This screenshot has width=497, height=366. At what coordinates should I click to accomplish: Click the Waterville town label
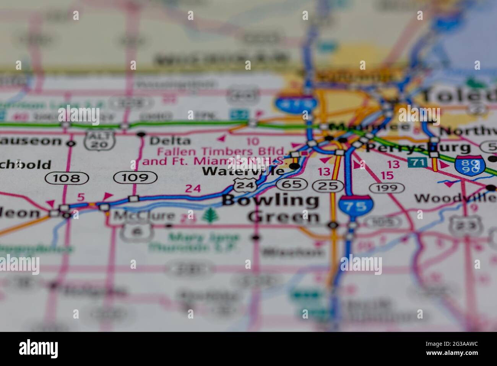tap(243, 171)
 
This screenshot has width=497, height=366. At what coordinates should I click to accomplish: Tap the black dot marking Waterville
tap(294, 166)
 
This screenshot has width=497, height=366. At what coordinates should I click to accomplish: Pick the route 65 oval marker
tap(291, 184)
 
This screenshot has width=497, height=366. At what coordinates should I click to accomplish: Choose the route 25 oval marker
tap(328, 186)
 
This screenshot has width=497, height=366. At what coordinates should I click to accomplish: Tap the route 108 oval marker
tap(67, 178)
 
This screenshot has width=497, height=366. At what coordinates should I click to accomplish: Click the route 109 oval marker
tap(135, 177)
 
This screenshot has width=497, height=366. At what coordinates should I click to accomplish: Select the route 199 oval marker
tap(387, 188)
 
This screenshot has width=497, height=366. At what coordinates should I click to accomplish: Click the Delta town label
tap(170, 141)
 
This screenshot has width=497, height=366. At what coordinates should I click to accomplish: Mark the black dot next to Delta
tap(141, 134)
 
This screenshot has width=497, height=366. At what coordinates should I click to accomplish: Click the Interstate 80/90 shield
tap(470, 165)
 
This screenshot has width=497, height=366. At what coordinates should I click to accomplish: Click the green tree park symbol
tap(208, 215)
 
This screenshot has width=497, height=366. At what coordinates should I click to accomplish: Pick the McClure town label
tap(144, 216)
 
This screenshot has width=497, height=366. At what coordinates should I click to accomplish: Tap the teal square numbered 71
tap(417, 162)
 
